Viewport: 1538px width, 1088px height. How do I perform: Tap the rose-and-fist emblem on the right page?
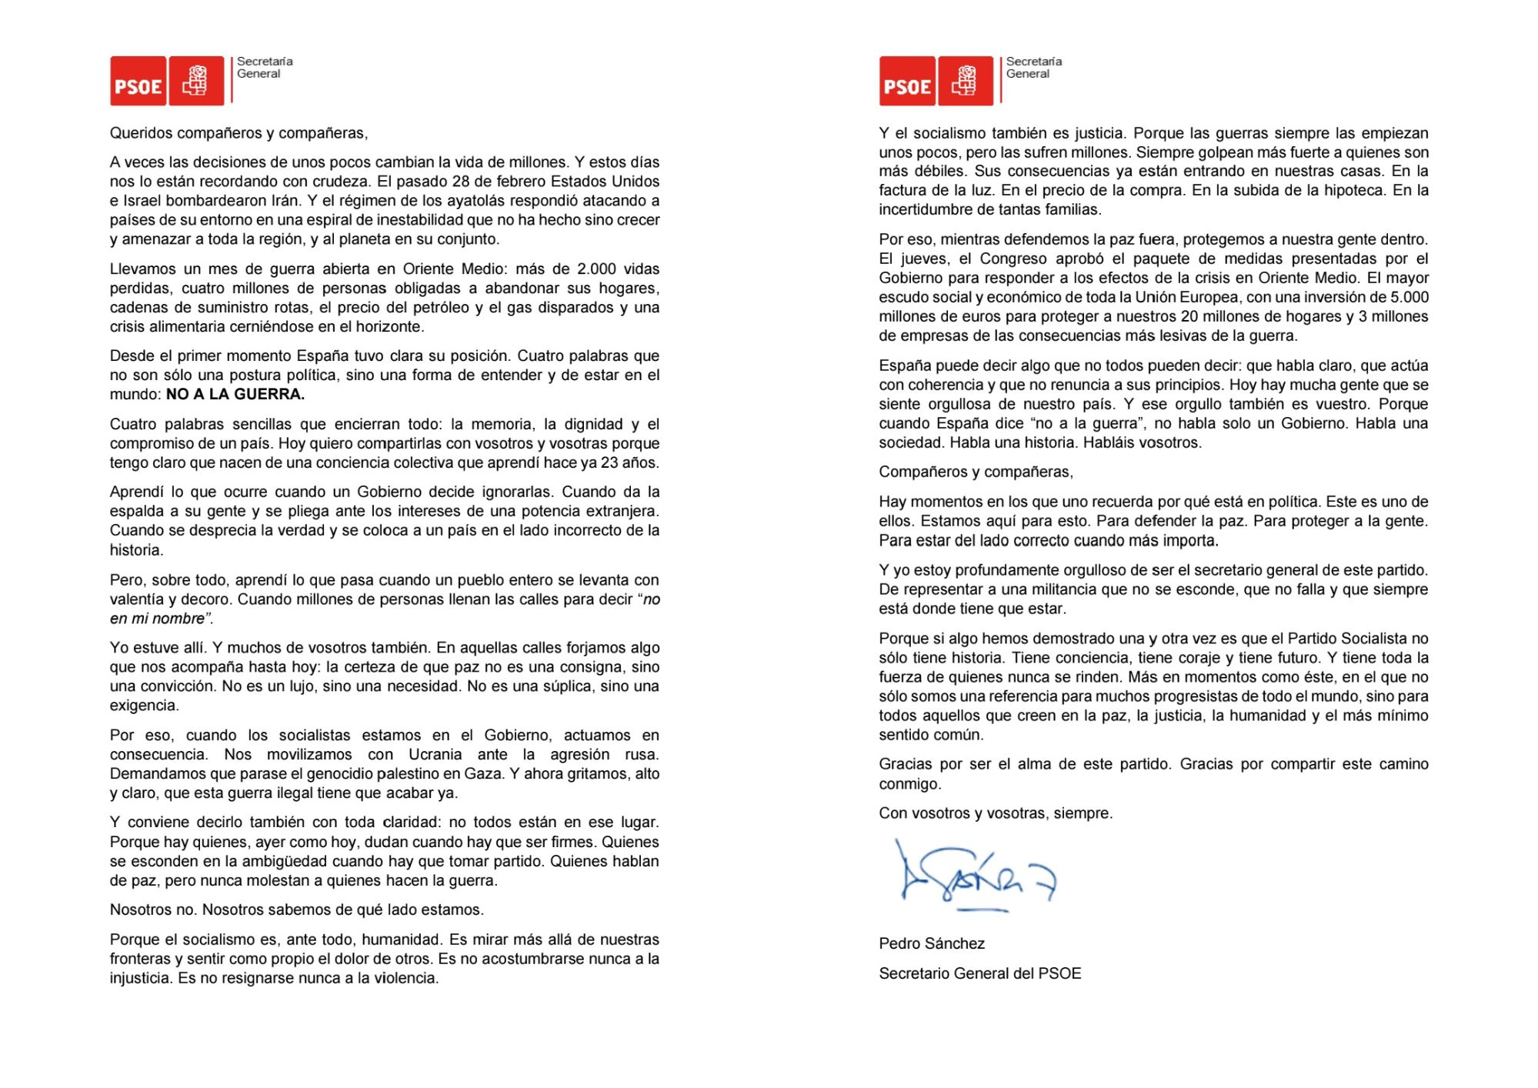pyautogui.click(x=966, y=81)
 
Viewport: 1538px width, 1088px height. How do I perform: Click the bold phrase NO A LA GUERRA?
pyautogui.click(x=235, y=395)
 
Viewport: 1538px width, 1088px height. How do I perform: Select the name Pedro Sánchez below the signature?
pyautogui.click(x=932, y=944)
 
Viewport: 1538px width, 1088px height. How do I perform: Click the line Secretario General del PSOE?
pyautogui.click(x=979, y=974)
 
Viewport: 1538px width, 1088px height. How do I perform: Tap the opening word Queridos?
pyautogui.click(x=141, y=133)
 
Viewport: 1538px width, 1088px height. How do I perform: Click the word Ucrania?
pyautogui.click(x=435, y=755)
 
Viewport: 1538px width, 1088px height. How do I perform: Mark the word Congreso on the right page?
pyautogui.click(x=1013, y=259)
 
